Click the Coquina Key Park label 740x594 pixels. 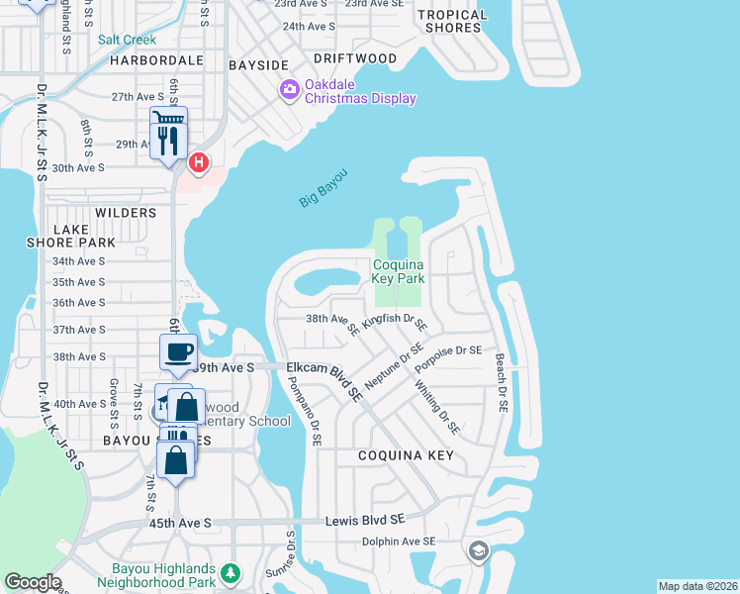pyautogui.click(x=398, y=271)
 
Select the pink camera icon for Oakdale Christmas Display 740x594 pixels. pyautogui.click(x=290, y=91)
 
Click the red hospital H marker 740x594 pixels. pyautogui.click(x=199, y=161)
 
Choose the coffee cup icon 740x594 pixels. pyautogui.click(x=178, y=352)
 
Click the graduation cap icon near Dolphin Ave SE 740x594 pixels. pyautogui.click(x=478, y=550)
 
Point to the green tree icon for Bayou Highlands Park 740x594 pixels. pyautogui.click(x=230, y=573)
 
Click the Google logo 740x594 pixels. pyautogui.click(x=33, y=582)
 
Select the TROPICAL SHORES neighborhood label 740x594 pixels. pyautogui.click(x=453, y=21)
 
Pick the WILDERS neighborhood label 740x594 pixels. pyautogui.click(x=126, y=213)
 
